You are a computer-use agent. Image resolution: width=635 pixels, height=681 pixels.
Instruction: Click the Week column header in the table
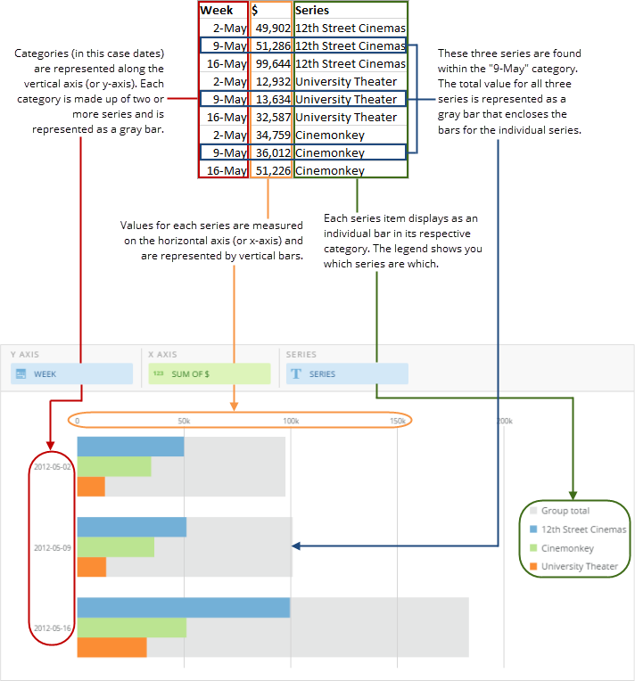tap(217, 11)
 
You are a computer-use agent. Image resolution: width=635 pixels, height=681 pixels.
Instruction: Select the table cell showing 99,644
tap(271, 63)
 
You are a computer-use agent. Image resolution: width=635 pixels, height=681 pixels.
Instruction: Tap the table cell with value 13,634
tap(271, 99)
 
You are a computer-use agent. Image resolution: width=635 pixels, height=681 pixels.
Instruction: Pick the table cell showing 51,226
tap(271, 170)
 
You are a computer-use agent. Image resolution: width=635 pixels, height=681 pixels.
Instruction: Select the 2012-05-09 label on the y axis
tap(52, 547)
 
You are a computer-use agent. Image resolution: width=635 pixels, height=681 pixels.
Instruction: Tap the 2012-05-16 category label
tap(52, 628)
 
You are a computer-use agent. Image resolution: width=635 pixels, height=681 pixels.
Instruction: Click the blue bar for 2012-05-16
tap(183, 608)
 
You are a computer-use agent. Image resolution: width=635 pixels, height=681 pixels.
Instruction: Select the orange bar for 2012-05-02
tap(91, 487)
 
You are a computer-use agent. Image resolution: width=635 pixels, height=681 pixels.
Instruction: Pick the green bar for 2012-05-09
tap(115, 547)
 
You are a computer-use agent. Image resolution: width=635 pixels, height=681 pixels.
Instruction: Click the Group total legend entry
tap(565, 511)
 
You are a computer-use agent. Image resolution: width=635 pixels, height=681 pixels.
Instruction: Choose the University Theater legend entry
tap(579, 566)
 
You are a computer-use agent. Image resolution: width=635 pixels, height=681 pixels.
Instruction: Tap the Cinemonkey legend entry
tap(567, 548)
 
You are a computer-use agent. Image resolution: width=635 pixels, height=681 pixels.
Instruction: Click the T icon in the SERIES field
tap(295, 374)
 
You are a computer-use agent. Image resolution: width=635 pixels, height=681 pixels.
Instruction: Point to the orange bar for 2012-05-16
tap(111, 647)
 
